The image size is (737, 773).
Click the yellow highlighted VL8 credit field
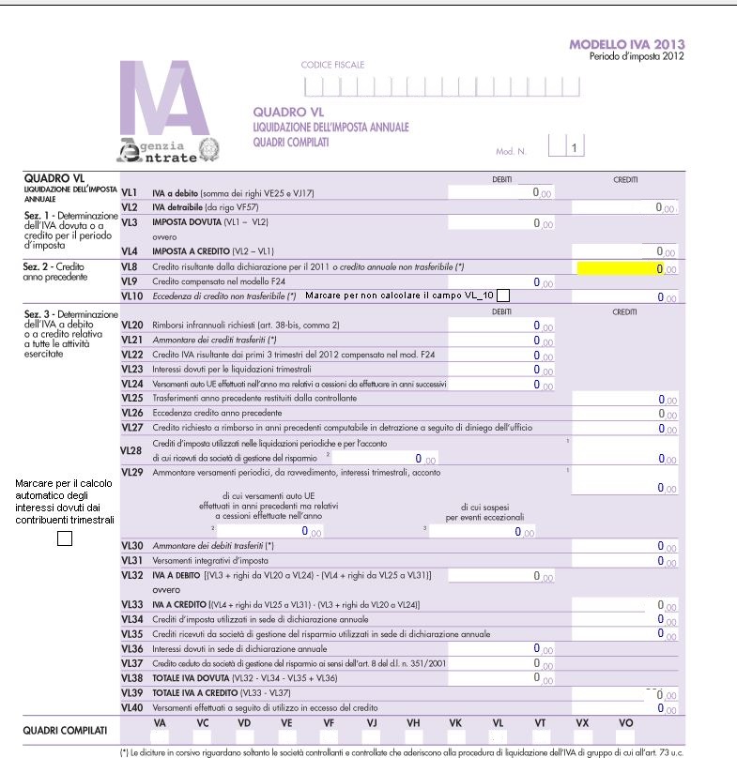click(621, 268)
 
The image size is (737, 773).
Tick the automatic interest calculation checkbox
click(65, 538)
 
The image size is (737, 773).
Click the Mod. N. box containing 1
click(571, 147)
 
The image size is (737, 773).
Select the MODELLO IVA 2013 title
click(626, 44)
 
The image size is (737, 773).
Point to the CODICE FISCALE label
click(332, 65)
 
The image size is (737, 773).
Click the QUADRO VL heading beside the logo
click(282, 113)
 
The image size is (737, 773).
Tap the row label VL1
click(131, 192)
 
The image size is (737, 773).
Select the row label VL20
click(132, 325)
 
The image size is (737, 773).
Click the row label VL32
click(132, 575)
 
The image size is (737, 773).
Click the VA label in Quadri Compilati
click(159, 722)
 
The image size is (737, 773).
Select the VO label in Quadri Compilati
click(626, 722)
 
